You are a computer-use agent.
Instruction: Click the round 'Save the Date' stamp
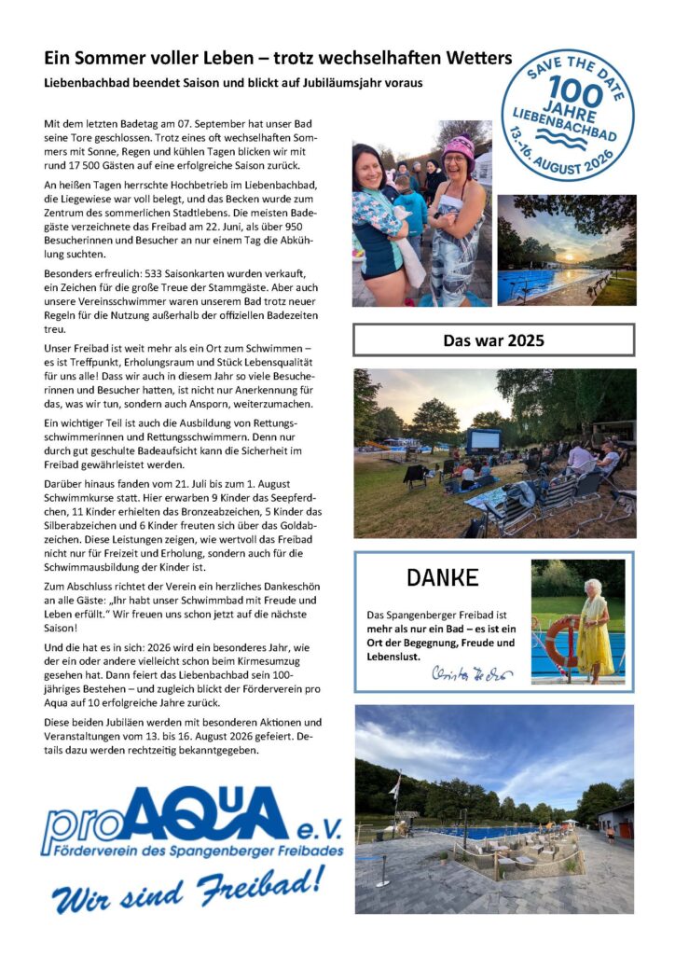(x=567, y=114)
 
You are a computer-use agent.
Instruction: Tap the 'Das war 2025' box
(x=493, y=340)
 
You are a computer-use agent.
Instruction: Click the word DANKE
(x=442, y=578)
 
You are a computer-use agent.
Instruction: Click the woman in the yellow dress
(x=594, y=627)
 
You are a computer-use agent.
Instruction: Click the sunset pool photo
(x=566, y=249)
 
